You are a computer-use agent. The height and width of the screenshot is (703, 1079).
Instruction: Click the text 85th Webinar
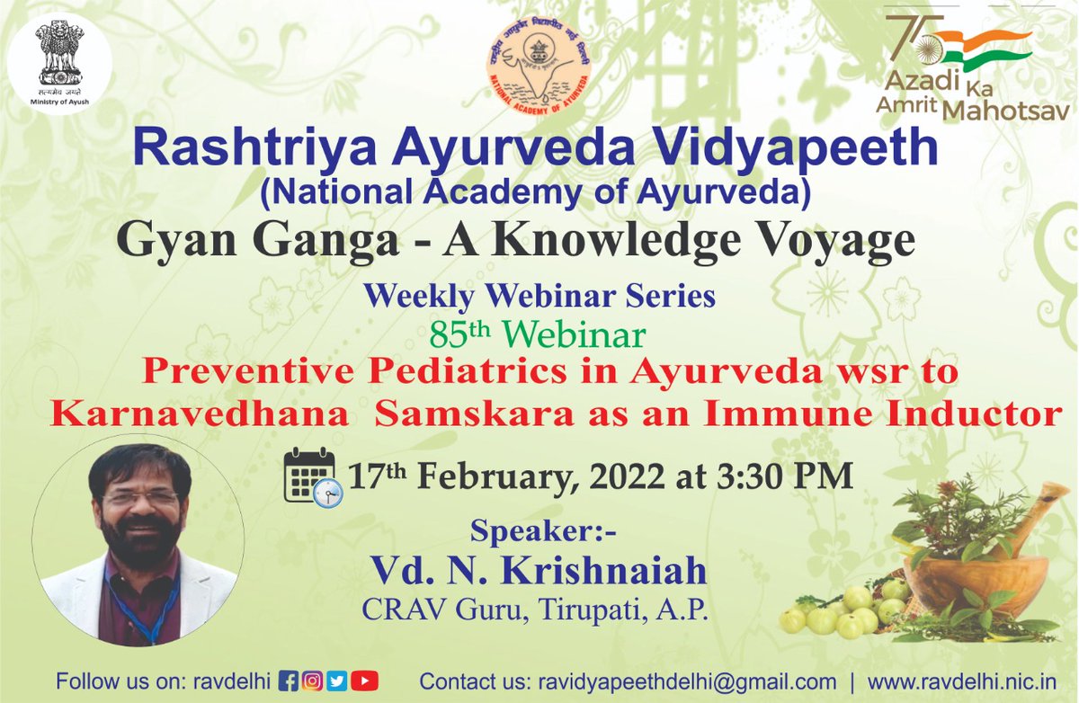(x=538, y=335)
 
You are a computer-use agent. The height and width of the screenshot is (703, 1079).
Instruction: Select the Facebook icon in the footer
(x=290, y=681)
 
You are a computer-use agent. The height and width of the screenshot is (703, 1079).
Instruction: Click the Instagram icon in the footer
(x=314, y=681)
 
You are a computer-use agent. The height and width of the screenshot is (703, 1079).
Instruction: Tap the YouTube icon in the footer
(x=364, y=681)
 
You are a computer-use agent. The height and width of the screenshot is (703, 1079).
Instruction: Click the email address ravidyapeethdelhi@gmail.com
(x=674, y=681)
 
